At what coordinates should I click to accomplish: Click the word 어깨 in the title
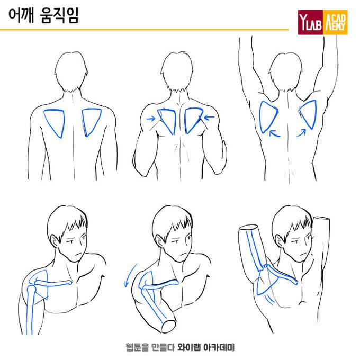[21, 15]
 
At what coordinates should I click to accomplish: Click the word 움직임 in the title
[59, 15]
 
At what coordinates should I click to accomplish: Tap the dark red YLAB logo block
[310, 22]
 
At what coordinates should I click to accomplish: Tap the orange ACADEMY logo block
[335, 22]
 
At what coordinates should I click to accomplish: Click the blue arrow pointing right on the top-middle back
[151, 119]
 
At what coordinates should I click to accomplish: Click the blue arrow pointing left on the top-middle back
[210, 118]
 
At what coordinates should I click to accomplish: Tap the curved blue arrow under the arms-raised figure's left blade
[274, 133]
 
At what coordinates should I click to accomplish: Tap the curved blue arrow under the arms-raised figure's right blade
[302, 133]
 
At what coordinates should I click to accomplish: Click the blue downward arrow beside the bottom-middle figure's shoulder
[130, 275]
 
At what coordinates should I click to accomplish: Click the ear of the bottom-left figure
[53, 241]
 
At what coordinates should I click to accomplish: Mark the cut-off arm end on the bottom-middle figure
[169, 326]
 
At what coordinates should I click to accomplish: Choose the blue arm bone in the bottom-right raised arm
[255, 250]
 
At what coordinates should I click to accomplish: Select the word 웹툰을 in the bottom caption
[137, 347]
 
